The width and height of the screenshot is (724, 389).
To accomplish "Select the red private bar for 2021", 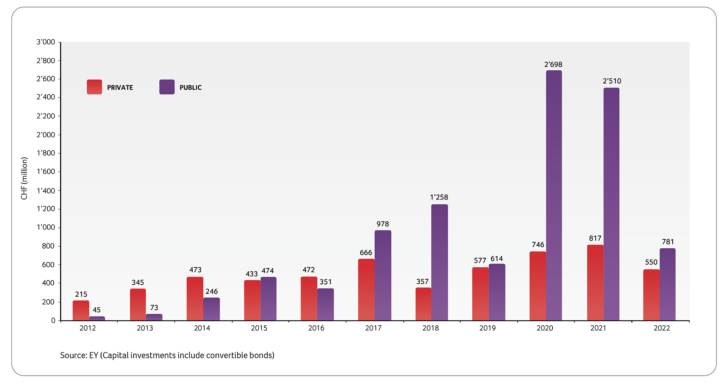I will [x=595, y=283].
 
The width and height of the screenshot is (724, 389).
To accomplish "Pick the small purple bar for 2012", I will [x=97, y=319].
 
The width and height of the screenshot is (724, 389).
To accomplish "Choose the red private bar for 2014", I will [x=195, y=298].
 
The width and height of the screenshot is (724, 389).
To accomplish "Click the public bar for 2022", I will [x=667, y=284].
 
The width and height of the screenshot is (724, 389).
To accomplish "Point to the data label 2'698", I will [x=553, y=64].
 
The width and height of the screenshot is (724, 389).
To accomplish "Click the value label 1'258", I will [x=439, y=197].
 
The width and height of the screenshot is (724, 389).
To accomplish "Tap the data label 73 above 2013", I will [x=154, y=308].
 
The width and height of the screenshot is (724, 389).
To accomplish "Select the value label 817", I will [x=595, y=238].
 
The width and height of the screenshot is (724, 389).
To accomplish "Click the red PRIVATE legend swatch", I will [x=94, y=87].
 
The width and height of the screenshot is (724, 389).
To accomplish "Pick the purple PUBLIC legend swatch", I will [x=167, y=87].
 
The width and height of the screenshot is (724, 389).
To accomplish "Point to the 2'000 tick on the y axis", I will [x=46, y=135].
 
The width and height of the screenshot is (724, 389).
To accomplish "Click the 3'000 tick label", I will [x=46, y=42].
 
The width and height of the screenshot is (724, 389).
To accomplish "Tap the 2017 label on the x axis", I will [x=373, y=328].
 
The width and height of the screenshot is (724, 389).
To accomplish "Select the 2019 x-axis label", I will [x=487, y=328].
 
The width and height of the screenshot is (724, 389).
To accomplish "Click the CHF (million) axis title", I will [x=24, y=179].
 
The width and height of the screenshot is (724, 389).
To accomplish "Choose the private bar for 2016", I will [x=309, y=298].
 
